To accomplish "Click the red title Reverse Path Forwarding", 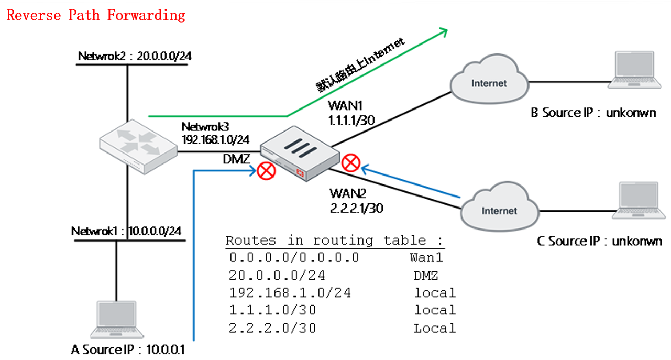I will point(96,15).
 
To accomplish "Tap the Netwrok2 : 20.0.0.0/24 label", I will point(134,56).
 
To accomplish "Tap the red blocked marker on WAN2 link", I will point(350,163).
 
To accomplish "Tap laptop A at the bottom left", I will point(116,320).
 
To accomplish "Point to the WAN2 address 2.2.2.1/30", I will point(356,208).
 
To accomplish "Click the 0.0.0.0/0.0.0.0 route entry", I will point(294,257).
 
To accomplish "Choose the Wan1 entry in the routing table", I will point(426,257).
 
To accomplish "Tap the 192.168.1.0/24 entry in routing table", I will point(290,292).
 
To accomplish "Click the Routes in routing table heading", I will point(334,241).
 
